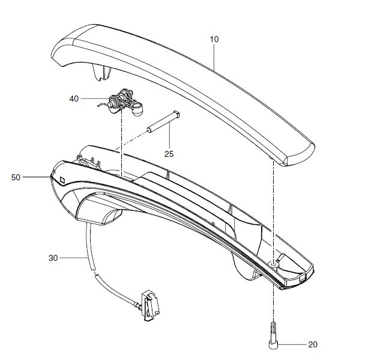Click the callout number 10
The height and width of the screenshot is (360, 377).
pos(214,39)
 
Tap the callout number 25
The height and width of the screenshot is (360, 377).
pos(169,154)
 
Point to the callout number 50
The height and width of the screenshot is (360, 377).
pos(16,177)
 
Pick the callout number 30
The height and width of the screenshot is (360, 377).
pos(52,258)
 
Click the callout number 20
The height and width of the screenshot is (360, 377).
pos(312,344)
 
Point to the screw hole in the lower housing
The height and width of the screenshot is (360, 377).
pos(274,263)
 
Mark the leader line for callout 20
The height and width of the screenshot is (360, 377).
pos(293,344)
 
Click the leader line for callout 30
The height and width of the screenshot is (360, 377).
pos(73,258)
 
